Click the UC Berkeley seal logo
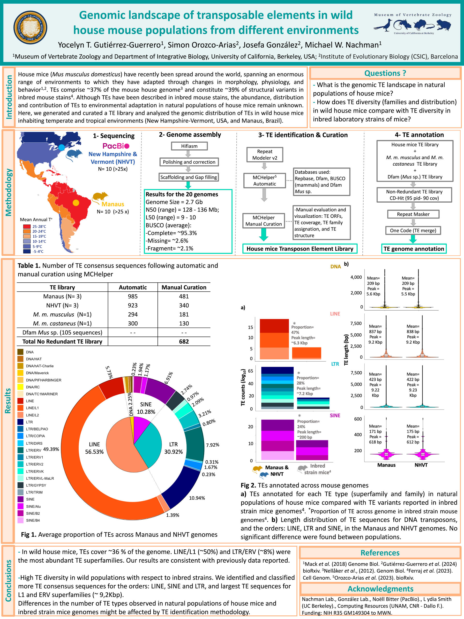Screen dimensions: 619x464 [30, 27]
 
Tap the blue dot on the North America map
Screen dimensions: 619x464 [61, 147]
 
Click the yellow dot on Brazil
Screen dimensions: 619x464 [76, 203]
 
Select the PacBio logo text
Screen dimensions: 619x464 [116, 146]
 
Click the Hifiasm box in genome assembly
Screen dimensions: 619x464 [189, 146]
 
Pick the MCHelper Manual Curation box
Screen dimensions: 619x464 [263, 221]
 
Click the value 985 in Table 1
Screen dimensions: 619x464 [133, 296]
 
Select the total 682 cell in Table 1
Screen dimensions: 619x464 [184, 341]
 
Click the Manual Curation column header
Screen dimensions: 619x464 [184, 287]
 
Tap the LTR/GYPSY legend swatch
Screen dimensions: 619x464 [20, 485]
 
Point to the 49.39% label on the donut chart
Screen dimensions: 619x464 [51, 449]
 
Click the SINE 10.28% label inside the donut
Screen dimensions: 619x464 [146, 408]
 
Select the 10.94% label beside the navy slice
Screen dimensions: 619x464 [197, 498]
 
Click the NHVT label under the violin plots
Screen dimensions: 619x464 [421, 465]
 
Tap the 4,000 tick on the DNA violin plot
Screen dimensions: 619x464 [356, 277]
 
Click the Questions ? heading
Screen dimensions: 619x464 [385, 73]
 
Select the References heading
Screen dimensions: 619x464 [380, 553]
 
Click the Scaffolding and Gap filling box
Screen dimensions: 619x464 [188, 177]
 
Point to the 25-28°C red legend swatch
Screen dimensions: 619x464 [27, 226]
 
